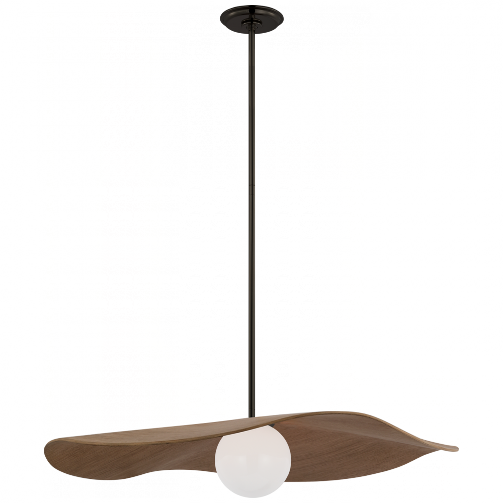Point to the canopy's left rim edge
point(222,17)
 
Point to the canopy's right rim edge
point(282,17)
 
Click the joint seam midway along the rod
point(251,186)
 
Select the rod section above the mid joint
point(251,101)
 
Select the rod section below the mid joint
point(251,302)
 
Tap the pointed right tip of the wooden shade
point(455,448)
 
